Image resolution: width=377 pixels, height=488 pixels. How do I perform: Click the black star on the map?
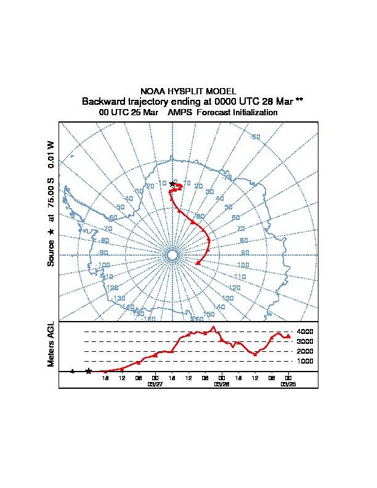[172, 184]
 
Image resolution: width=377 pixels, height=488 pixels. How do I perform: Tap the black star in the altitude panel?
[89, 371]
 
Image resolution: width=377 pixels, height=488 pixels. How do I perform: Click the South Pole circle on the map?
[172, 255]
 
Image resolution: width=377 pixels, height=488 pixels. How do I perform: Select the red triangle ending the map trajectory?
[197, 263]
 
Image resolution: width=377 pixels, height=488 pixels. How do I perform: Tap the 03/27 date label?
[155, 383]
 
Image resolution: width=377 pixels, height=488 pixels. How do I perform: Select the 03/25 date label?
[288, 383]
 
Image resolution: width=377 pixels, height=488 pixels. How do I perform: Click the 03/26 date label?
[221, 383]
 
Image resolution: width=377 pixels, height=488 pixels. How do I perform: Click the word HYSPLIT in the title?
[184, 91]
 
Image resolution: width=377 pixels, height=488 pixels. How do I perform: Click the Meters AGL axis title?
[51, 344]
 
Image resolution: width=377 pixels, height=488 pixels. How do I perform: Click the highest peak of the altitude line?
[213, 328]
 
